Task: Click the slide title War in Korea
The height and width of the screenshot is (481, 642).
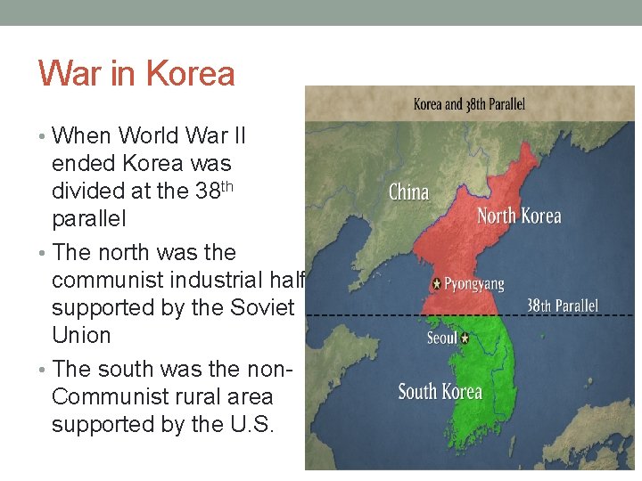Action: coord(136,73)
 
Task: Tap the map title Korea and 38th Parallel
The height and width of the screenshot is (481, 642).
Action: coord(469,104)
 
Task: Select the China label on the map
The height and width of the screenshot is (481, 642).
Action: coord(409,192)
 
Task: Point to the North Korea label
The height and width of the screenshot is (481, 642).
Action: coord(519,216)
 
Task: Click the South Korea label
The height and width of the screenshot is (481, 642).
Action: coord(440,392)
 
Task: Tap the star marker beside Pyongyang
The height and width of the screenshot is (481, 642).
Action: coord(436,284)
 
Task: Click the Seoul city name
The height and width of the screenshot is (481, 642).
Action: coord(441,338)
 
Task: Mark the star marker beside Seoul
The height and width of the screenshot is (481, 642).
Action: coord(465,338)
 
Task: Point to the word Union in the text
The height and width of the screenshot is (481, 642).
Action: coord(81,336)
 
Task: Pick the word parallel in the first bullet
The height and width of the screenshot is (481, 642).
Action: coord(90,219)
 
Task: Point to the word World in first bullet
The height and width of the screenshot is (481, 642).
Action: coord(151,136)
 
